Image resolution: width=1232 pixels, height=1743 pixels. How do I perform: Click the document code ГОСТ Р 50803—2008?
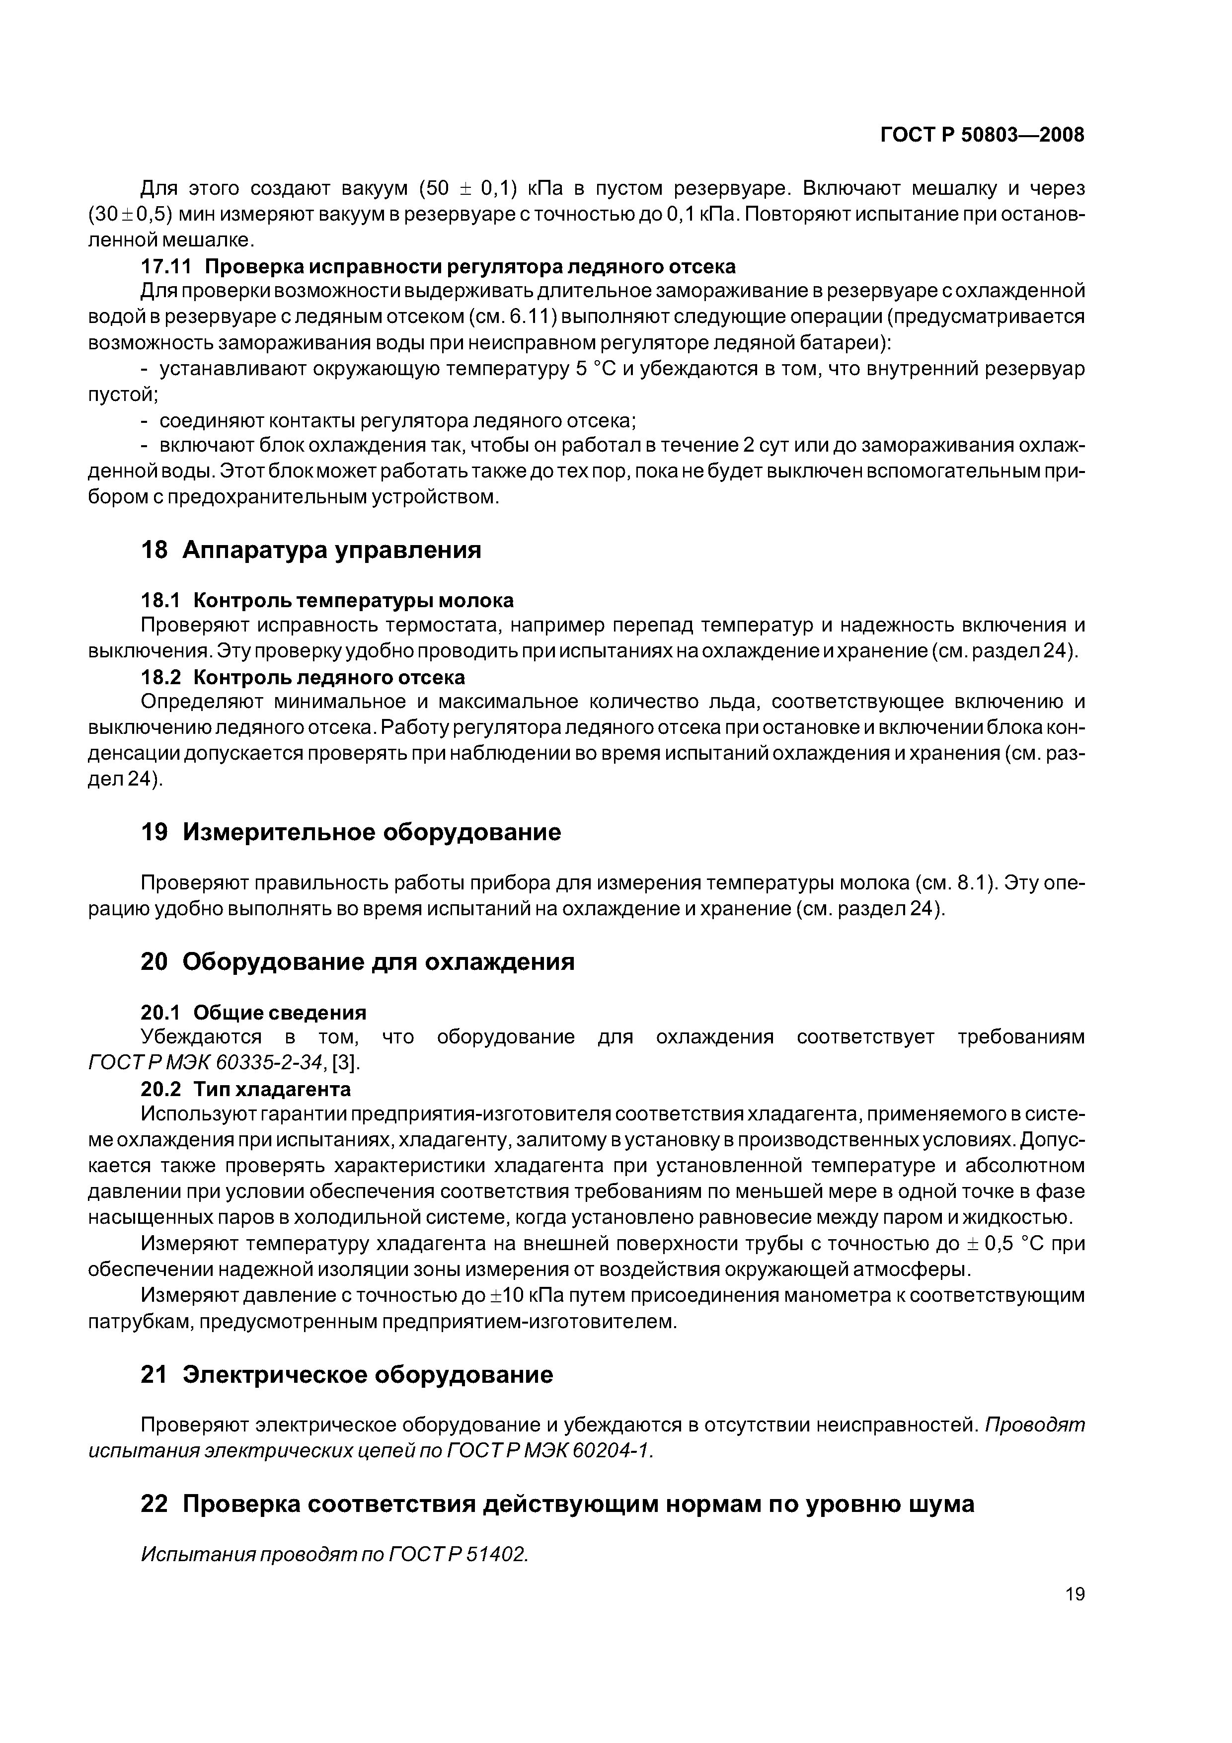click(x=982, y=135)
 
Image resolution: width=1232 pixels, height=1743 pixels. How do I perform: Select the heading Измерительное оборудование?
click(x=372, y=832)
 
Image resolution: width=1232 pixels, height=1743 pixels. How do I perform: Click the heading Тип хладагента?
click(x=272, y=1089)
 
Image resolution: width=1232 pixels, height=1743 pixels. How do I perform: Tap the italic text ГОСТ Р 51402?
click(x=458, y=1554)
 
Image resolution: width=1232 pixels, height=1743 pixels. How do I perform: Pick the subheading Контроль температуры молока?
click(x=353, y=601)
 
